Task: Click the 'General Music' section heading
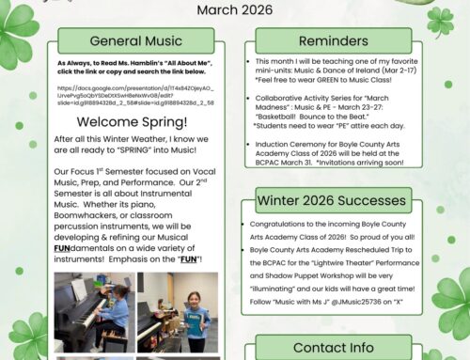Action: pos(136,41)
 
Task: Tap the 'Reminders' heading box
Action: pos(333,41)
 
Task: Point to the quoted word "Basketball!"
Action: pos(287,116)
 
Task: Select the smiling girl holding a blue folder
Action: pos(194,320)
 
